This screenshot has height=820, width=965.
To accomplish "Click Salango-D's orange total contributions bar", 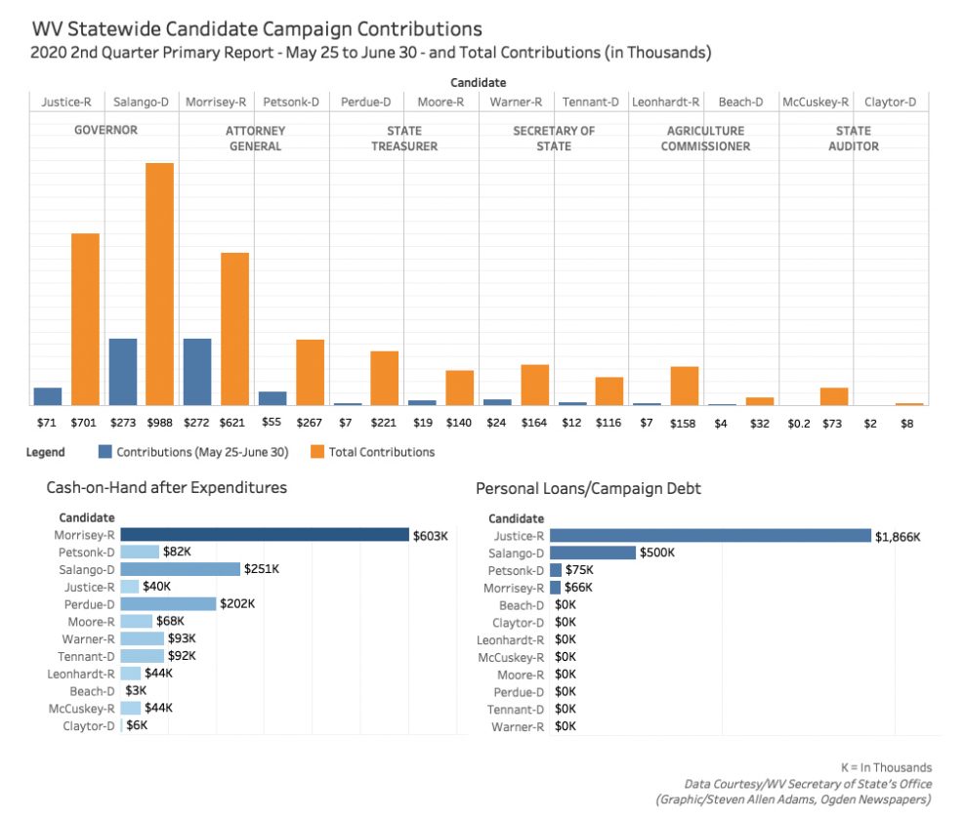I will coord(159,283).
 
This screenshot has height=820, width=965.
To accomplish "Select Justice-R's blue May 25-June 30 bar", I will coord(48,396).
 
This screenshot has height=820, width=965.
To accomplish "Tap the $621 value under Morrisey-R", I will coord(234,423).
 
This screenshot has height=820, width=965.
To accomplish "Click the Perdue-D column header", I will coord(366,102).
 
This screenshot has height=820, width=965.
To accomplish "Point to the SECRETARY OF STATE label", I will coord(554,138).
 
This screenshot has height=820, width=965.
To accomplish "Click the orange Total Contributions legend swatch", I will coord(316,452).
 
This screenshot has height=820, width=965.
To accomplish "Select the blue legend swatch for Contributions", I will coord(105,452).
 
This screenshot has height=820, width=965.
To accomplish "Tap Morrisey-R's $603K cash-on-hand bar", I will coord(265,534).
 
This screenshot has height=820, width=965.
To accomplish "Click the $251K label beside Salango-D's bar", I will coord(261,569).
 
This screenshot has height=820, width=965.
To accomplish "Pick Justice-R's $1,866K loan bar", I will coord(710,535).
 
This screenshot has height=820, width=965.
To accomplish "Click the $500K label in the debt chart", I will coord(656,553).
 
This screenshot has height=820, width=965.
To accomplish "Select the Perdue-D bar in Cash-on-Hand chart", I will coord(168,604).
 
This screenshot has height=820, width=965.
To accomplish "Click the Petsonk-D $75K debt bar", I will coord(556,570).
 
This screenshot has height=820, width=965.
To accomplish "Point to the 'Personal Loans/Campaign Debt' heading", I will coord(588,487).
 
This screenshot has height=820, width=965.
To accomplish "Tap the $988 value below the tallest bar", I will coord(160,423).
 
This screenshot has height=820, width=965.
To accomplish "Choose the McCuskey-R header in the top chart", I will coord(816,102).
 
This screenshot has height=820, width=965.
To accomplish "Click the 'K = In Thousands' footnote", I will coord(886,767).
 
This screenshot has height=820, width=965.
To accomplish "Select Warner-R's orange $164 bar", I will coord(534,385).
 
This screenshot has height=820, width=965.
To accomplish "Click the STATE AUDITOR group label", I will coord(854,138).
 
